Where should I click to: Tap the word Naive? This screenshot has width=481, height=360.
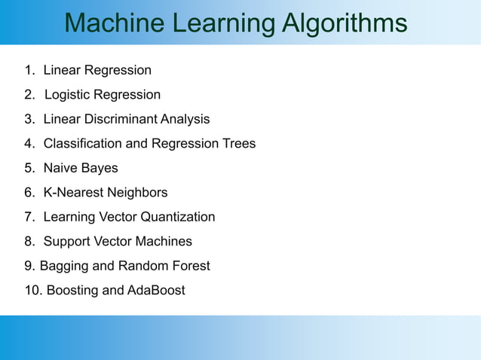coord(60,168)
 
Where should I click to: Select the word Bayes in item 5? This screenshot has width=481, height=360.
coord(100,168)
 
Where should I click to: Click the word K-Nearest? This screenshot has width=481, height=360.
coord(74,193)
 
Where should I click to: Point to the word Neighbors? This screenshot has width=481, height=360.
coord(138,193)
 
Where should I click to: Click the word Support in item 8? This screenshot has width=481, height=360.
coord(67,242)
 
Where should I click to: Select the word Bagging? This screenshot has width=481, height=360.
coord(64,266)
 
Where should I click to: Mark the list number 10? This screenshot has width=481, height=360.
coord(32,290)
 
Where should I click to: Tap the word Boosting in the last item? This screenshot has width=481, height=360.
coord(72,290)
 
